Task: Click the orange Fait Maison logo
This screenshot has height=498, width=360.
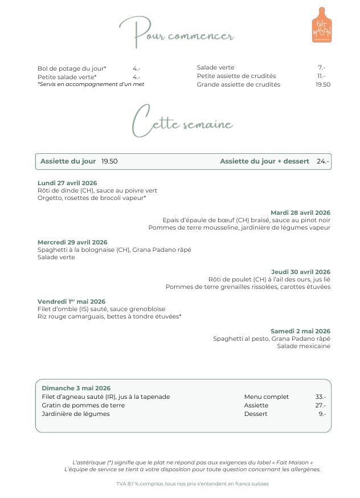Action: pyautogui.click(x=321, y=26)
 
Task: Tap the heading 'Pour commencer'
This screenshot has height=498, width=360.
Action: pyautogui.click(x=177, y=32)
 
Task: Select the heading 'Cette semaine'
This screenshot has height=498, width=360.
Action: pyautogui.click(x=182, y=121)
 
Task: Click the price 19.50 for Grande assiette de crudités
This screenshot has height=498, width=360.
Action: pyautogui.click(x=322, y=84)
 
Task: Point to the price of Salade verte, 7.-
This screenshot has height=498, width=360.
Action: pyautogui.click(x=321, y=67)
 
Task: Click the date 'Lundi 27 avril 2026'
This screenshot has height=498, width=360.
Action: pyautogui.click(x=67, y=183)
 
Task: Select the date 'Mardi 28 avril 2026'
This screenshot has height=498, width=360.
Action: pyautogui.click(x=300, y=213)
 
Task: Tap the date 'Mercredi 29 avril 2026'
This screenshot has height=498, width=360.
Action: pyautogui.click(x=72, y=242)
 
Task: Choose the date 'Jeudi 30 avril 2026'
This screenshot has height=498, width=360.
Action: pyautogui.click(x=301, y=272)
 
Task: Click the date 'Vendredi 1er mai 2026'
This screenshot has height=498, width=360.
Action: pyautogui.click(x=71, y=301)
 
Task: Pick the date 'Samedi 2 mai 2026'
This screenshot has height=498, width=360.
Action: pyautogui.click(x=300, y=331)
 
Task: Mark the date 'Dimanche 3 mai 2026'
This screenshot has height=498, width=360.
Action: pyautogui.click(x=76, y=388)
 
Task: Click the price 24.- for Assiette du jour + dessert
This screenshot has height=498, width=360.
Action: pyautogui.click(x=322, y=161)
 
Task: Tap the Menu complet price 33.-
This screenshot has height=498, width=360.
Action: pyautogui.click(x=321, y=397)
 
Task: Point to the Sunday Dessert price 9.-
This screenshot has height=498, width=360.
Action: pyautogui.click(x=322, y=414)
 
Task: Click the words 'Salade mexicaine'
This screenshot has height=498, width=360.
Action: pyautogui.click(x=304, y=346)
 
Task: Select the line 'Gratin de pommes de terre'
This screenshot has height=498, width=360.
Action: pyautogui.click(x=83, y=405)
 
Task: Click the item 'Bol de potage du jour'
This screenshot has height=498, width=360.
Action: pyautogui.click(x=72, y=68)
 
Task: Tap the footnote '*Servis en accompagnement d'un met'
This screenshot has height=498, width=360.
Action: pyautogui.click(x=91, y=84)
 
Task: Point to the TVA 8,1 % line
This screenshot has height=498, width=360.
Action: pyautogui.click(x=192, y=484)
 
